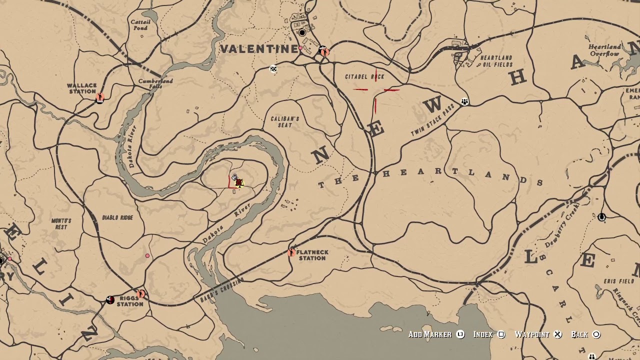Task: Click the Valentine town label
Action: [259, 49]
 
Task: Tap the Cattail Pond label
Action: [140, 25]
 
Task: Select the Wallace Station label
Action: [82, 88]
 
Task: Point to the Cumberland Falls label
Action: [155, 83]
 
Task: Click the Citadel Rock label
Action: [365, 76]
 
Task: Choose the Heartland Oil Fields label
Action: [496, 61]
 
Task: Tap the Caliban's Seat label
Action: [285, 121]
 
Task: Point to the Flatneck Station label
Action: [312, 255]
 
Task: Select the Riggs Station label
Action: [130, 301]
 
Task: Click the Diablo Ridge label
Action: [117, 218]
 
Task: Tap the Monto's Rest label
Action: [61, 223]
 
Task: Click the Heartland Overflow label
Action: [604, 50]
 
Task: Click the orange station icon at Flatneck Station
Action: [291, 252]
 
